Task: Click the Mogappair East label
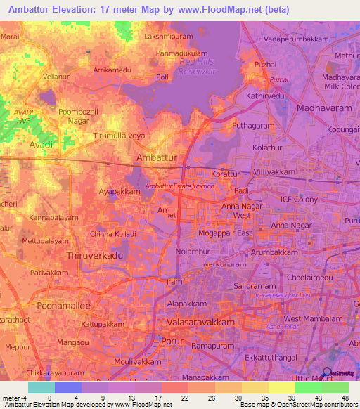pyautogui.click(x=225, y=232)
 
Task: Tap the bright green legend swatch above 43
pyautogui.click(x=308, y=387)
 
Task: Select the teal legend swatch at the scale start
pyautogui.click(x=41, y=387)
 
